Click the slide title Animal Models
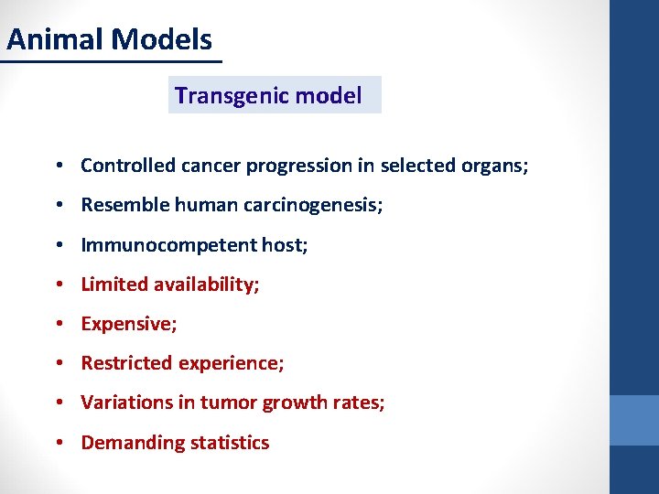[x=109, y=40]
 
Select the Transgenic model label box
[x=274, y=95]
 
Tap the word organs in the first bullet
[x=498, y=166]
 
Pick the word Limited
[x=114, y=285]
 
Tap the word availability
[x=207, y=285]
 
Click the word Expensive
[x=128, y=324]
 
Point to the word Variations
[x=124, y=403]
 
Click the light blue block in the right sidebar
[x=634, y=420]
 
